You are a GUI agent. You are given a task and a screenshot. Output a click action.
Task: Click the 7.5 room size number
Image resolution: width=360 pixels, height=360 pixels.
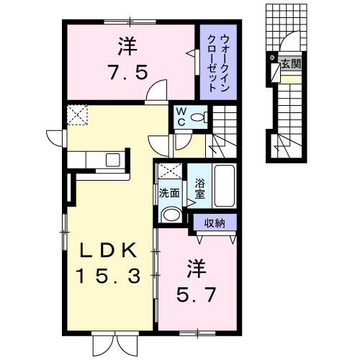pos(127,72)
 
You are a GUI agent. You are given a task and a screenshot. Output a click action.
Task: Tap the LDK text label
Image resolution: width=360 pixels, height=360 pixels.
pos(108,251)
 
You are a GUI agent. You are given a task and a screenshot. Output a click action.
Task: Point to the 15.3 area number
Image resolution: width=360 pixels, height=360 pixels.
pos(108,276)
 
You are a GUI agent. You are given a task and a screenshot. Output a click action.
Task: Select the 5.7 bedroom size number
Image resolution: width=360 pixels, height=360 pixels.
pos(197,294)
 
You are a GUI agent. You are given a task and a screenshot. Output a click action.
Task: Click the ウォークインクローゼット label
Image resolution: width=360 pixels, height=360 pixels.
pos(218,63)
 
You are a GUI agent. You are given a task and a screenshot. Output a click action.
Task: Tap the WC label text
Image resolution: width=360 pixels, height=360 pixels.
pos(181,117)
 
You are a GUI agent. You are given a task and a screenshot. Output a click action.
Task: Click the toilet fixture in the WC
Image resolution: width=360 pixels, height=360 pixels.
pos(199,117)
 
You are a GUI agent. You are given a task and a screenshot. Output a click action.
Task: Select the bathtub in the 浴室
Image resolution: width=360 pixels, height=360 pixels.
pos(225,186)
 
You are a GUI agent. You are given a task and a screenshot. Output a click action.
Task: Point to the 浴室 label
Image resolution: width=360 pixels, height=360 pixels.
pos(199,189)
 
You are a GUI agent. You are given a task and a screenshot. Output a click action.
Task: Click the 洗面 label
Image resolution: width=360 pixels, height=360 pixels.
pos(169,193)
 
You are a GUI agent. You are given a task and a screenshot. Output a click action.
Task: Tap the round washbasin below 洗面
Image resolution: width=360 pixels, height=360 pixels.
pos(171,215)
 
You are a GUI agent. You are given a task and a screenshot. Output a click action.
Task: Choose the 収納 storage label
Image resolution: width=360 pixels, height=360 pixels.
pos(215,223)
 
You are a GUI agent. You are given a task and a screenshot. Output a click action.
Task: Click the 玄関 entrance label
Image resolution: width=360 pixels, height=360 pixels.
pos(291,64)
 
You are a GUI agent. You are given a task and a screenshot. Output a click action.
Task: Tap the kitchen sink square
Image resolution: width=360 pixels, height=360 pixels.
pos(113,160)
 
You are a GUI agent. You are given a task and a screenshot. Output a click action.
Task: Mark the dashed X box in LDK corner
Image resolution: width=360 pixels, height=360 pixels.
pos(77,114)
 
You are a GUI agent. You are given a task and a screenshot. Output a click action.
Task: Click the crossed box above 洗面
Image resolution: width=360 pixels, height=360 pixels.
pos(170,171)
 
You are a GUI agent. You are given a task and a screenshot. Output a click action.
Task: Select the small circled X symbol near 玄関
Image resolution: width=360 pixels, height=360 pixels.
pos(272,58)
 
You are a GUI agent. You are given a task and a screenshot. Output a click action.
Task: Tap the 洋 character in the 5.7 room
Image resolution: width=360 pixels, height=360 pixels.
pos(197,269)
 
